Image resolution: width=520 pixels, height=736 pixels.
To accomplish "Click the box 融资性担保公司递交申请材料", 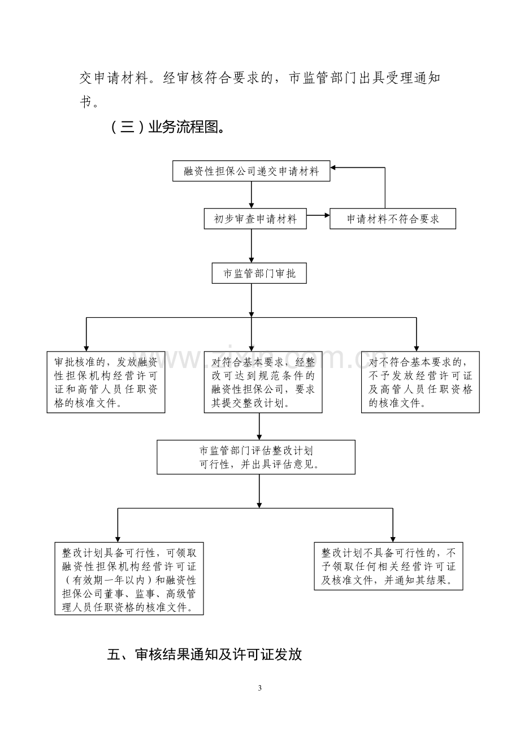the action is [252, 171].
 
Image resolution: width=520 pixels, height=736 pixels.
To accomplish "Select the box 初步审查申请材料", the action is [255, 219].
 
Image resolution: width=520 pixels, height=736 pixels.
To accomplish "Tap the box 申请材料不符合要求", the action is [393, 219].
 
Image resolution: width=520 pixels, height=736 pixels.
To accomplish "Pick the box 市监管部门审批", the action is [259, 273].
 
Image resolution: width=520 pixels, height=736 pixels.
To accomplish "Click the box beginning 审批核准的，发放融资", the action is [106, 382].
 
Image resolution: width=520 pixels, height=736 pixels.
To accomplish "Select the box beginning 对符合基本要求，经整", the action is [263, 382].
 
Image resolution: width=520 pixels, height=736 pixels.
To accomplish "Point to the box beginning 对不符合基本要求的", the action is [421, 382].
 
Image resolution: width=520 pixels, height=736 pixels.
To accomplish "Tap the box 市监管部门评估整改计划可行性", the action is [256, 457].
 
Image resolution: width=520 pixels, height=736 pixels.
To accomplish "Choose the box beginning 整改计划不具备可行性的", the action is [389, 566].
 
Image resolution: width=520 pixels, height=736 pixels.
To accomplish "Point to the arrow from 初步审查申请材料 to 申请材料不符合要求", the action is [318, 215].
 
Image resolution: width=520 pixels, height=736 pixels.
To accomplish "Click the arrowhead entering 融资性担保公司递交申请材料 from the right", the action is [333, 167].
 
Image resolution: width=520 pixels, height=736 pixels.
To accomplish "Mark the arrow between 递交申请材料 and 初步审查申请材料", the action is [252, 194].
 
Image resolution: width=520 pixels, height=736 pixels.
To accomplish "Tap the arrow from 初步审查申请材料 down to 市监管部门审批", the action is [252, 246].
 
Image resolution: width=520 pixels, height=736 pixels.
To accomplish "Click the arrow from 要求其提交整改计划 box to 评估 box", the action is [259, 426].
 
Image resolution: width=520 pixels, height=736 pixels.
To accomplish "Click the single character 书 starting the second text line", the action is [86, 102].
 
